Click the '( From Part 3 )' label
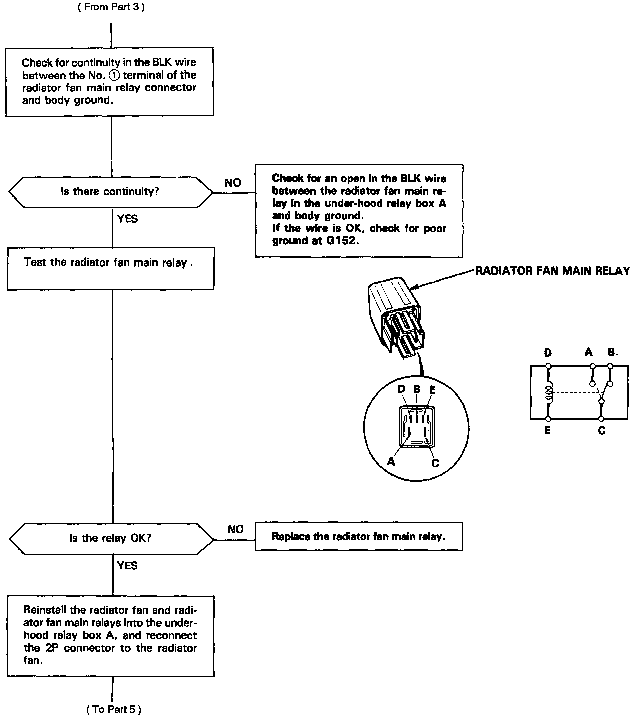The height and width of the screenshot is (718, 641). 111,8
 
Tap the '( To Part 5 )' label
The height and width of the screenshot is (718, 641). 114,709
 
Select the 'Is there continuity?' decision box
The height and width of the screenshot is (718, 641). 110,192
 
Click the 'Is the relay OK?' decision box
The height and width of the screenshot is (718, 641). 110,538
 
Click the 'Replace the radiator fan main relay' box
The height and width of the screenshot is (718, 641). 359,536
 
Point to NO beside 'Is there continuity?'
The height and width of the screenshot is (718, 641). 233,183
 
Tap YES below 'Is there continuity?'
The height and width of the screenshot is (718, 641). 127,219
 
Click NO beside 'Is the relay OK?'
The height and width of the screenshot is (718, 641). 235,529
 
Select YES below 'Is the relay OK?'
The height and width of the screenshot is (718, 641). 127,565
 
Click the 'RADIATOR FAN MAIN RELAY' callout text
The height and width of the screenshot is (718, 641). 552,271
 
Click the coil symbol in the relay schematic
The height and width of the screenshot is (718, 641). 549,393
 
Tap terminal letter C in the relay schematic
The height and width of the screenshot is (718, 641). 602,430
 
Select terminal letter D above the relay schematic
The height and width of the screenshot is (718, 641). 548,353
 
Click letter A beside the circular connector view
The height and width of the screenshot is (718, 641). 391,461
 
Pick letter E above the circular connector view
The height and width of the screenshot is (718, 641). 432,389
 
